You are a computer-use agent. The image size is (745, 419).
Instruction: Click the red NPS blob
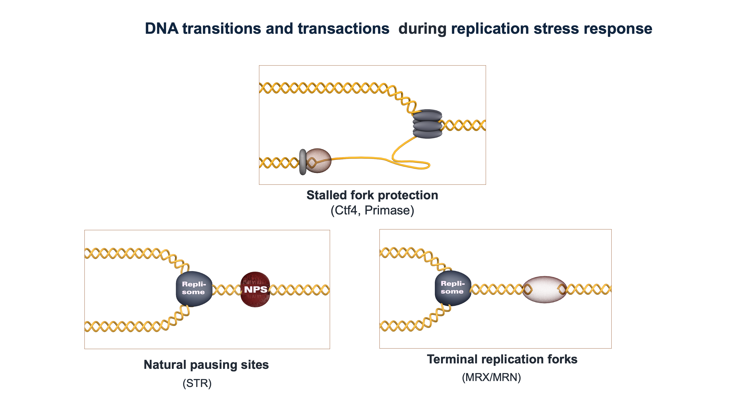click(x=255, y=289)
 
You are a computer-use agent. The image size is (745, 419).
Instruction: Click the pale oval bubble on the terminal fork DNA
click(x=545, y=289)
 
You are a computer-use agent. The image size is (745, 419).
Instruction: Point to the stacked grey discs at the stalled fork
click(x=427, y=124)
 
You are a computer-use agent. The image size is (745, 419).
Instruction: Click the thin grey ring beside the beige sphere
click(x=302, y=162)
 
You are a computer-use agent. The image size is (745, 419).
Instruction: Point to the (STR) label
click(x=197, y=383)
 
